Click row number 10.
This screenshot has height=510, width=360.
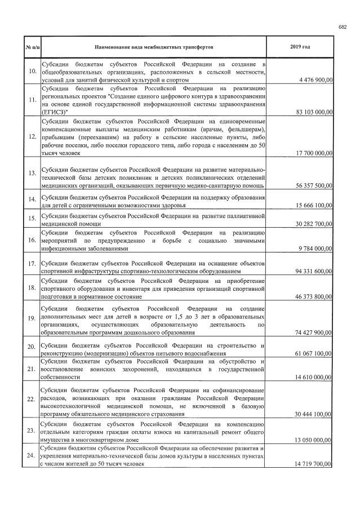pyautogui.click(x=32, y=70)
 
